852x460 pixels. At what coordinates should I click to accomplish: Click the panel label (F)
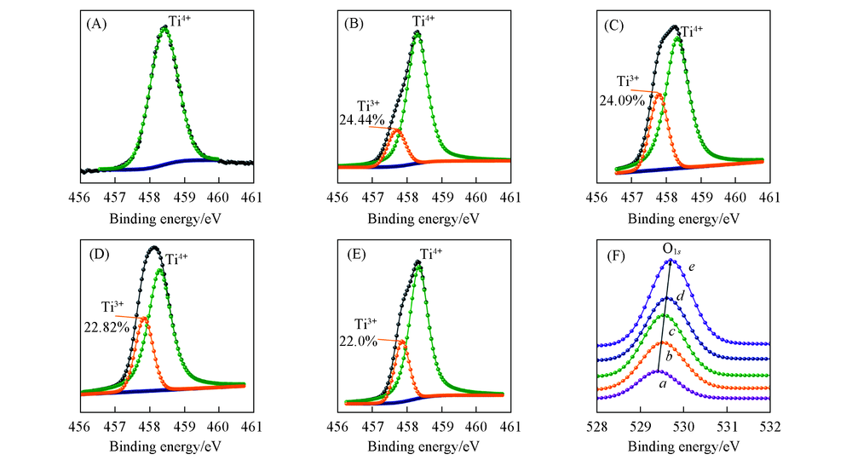pos(613,253)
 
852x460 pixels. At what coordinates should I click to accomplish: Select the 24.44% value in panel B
pos(362,120)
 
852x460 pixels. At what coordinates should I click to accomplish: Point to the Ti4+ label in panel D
pos(178,259)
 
